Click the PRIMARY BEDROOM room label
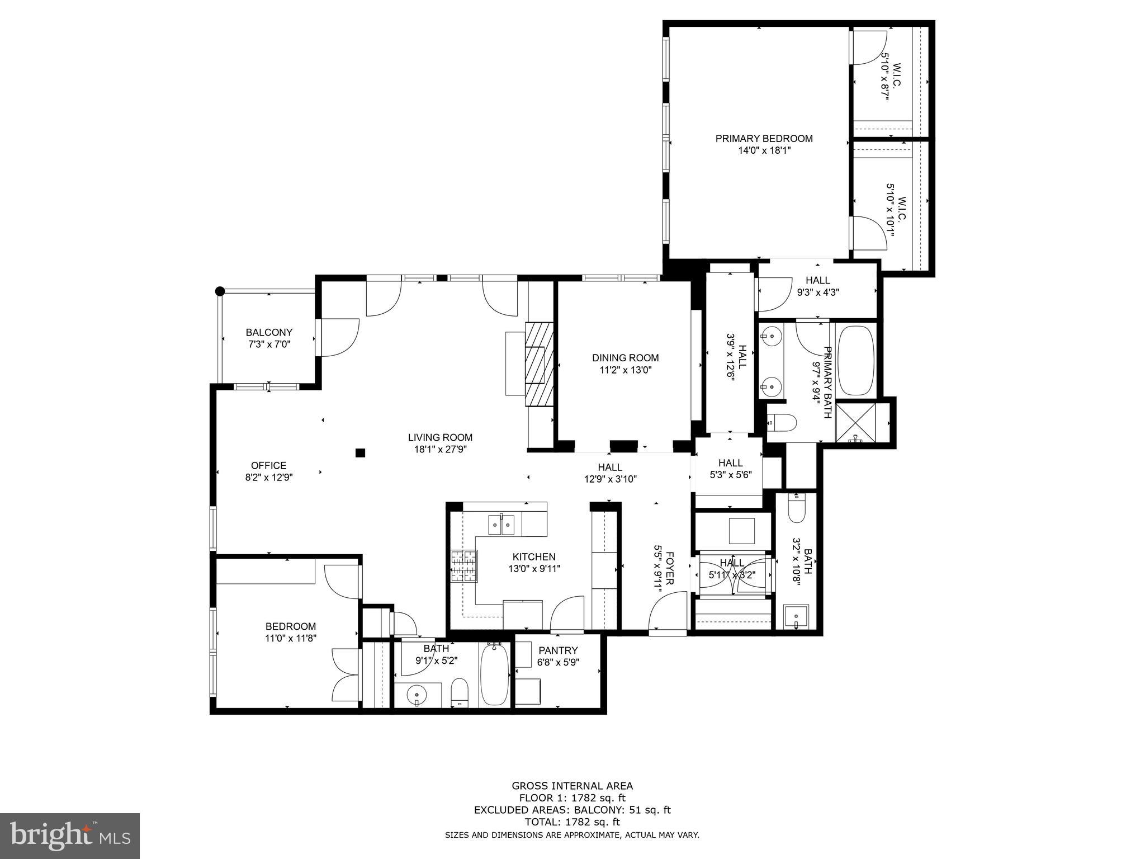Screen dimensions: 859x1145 (x=764, y=139)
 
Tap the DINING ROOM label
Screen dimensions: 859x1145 (x=625, y=358)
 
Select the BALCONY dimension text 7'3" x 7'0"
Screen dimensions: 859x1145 (x=269, y=344)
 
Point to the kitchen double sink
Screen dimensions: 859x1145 (x=501, y=525)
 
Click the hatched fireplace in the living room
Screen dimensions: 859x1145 (x=539, y=364)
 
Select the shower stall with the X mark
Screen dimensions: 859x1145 (x=855, y=422)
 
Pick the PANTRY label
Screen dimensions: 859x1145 (x=558, y=650)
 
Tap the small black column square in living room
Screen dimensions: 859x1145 (x=361, y=452)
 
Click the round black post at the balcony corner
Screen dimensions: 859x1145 (x=220, y=291)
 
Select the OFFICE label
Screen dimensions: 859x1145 (x=268, y=465)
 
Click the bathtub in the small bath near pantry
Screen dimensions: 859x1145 (x=494, y=675)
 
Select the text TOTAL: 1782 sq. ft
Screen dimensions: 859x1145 (x=572, y=822)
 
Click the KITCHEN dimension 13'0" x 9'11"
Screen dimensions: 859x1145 (x=534, y=569)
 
